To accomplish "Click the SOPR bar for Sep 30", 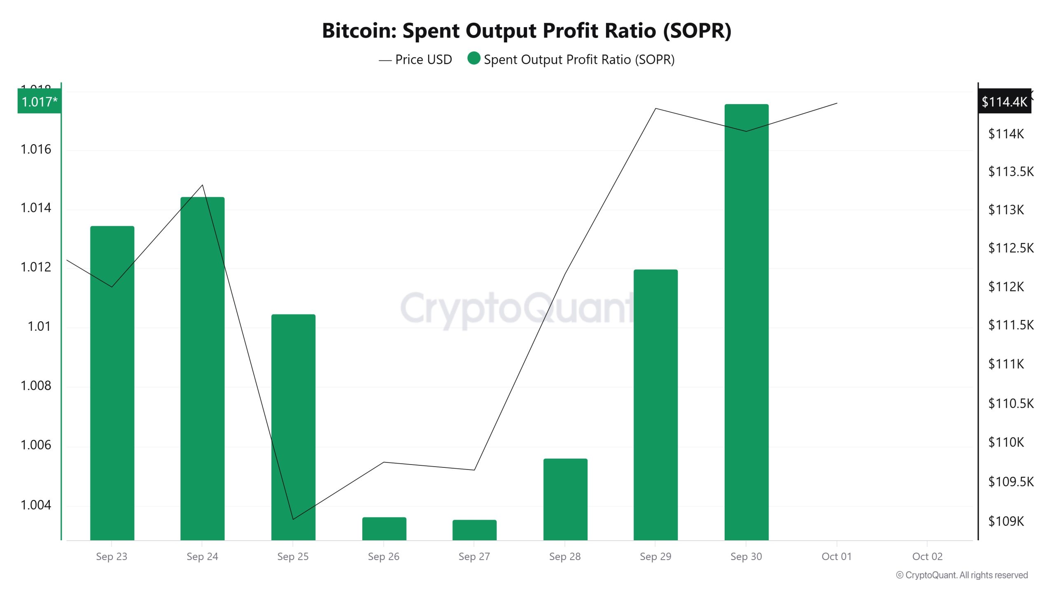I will [x=746, y=321].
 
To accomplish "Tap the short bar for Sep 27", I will [x=474, y=530].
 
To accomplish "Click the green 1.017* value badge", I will [x=39, y=101].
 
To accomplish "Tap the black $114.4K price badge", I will [x=1004, y=101].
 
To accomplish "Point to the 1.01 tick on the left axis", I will [x=39, y=327].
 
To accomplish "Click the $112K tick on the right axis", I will [x=1006, y=287].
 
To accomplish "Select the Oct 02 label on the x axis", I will [x=927, y=556].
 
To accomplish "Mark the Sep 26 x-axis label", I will [x=383, y=556].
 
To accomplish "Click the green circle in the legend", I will [x=474, y=58].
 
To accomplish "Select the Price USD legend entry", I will [x=416, y=60].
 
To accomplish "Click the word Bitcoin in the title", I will [x=359, y=31].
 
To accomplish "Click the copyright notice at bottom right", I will [x=962, y=575].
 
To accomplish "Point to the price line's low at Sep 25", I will [x=293, y=519].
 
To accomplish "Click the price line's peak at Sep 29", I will [x=655, y=109].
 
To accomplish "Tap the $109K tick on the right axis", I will [x=1006, y=521].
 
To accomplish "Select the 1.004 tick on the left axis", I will [x=36, y=505].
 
